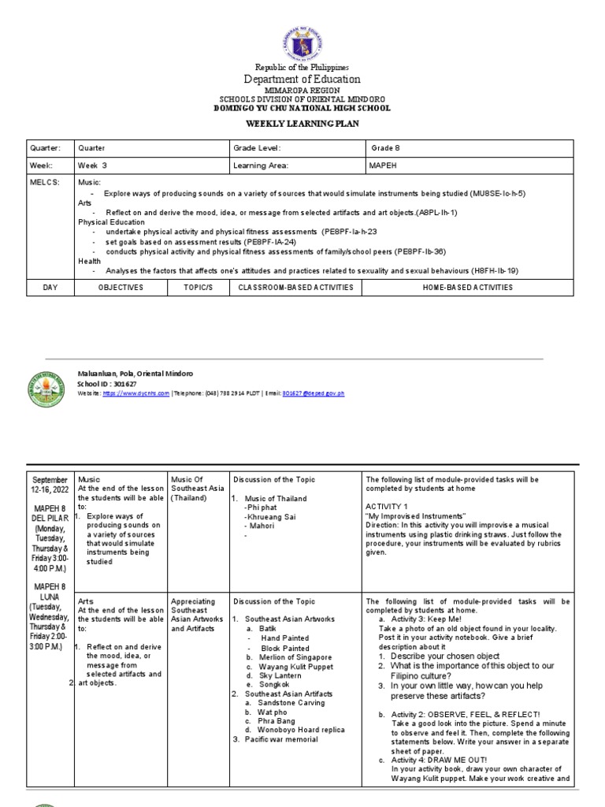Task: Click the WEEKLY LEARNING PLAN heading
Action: (x=303, y=125)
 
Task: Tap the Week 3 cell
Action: (x=92, y=166)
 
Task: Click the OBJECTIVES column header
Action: (x=120, y=288)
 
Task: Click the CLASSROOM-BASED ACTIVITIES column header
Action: (x=295, y=288)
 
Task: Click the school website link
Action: (x=136, y=392)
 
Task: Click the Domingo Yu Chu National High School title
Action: (x=303, y=108)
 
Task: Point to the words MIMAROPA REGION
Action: (x=303, y=91)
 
